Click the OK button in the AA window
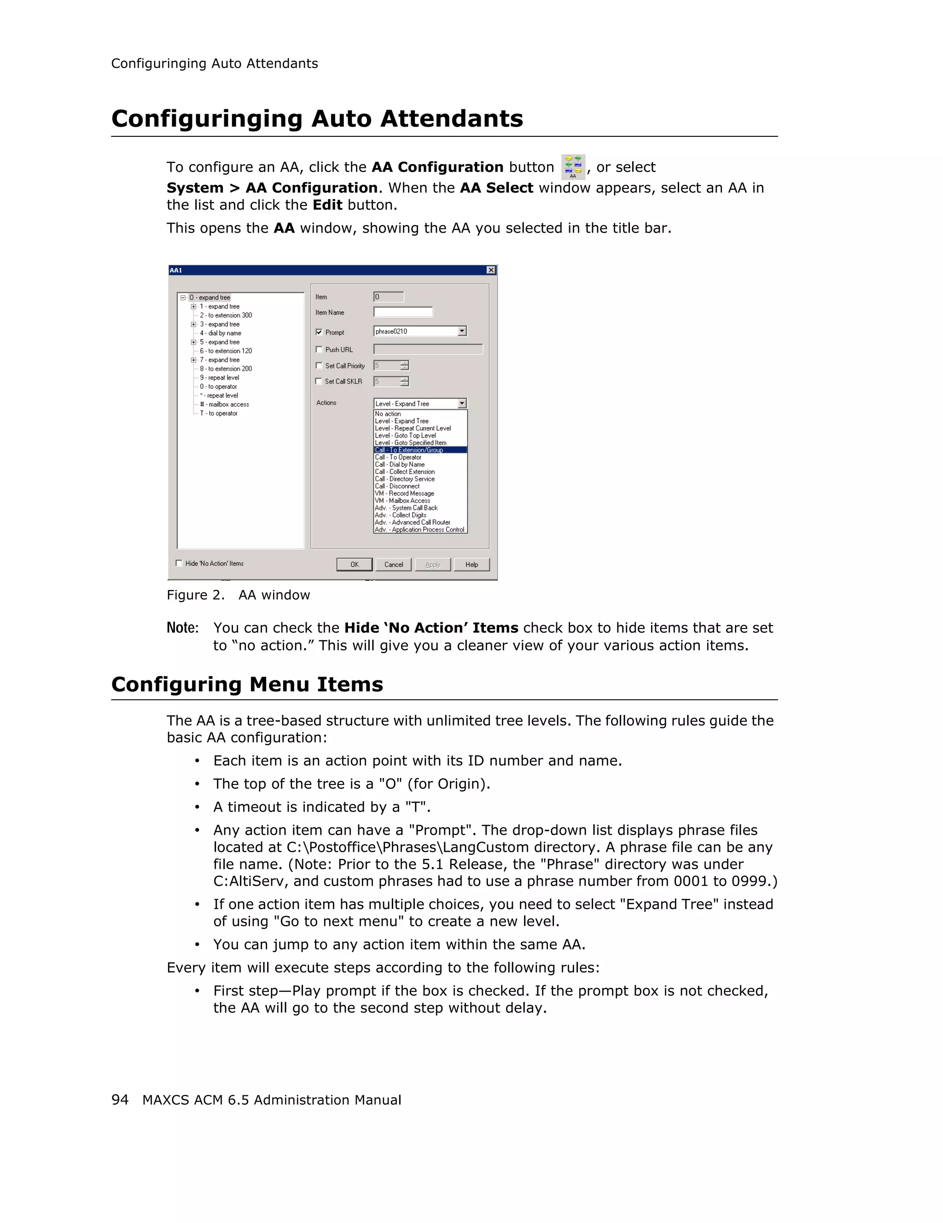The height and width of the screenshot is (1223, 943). (x=354, y=564)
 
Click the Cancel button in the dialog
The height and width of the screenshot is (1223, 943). (x=393, y=564)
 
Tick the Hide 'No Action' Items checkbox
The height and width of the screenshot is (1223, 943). (x=179, y=563)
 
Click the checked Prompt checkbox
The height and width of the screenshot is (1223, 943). (x=319, y=332)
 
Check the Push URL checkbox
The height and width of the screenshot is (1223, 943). (x=319, y=350)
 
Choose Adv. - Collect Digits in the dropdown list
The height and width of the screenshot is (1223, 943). (x=401, y=515)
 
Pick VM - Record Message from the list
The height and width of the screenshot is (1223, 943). (x=405, y=493)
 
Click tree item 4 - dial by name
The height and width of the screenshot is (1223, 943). (x=221, y=333)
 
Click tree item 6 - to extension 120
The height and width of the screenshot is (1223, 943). (x=226, y=351)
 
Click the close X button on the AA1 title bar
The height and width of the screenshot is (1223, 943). (x=491, y=270)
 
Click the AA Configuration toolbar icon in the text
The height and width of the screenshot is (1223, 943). (x=572, y=167)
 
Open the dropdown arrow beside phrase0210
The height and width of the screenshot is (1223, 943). (x=462, y=332)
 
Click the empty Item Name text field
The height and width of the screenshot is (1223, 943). (x=403, y=312)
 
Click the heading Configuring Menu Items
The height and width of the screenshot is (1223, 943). (x=247, y=685)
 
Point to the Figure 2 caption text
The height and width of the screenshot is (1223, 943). (x=238, y=595)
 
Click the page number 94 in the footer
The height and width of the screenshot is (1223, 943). (x=120, y=1100)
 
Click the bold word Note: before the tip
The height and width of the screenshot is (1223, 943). (x=182, y=628)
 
